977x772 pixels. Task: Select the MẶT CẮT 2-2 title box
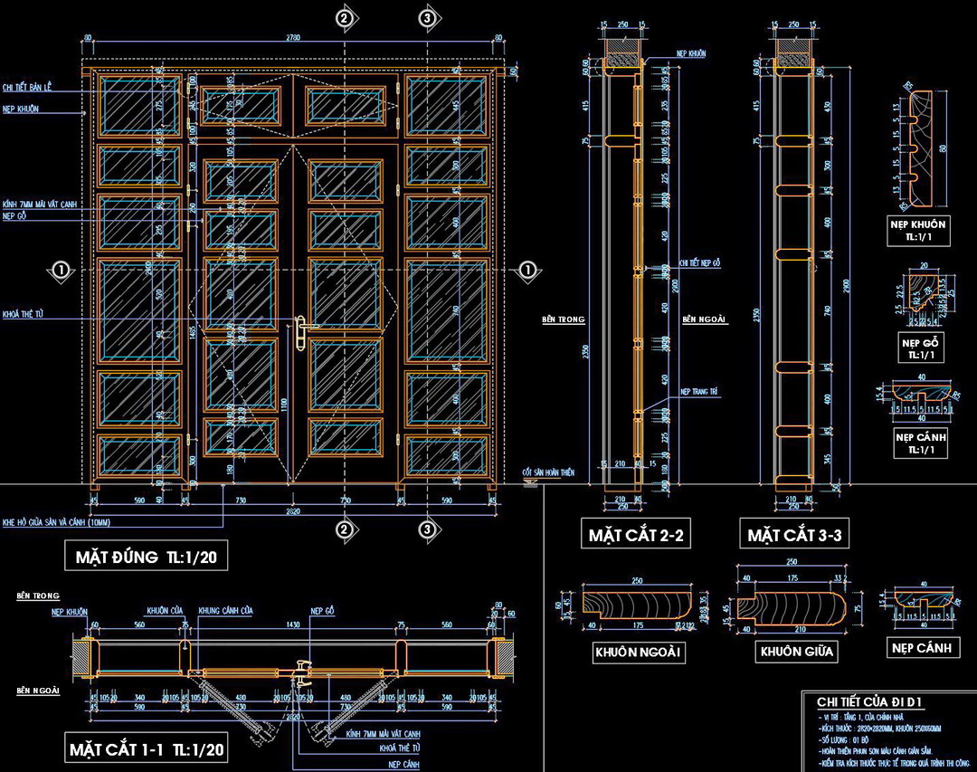pos(634,535)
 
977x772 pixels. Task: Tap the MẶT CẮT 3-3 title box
pos(795,535)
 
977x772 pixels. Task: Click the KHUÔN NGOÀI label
pos(638,652)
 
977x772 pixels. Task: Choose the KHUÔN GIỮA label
pos(796,651)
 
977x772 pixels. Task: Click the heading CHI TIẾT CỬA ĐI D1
pos(869,701)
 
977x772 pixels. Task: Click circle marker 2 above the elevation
pos(344,17)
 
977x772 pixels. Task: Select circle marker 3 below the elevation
pos(429,529)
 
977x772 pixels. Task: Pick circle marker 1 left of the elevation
pos(61,269)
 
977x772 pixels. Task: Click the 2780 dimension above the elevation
pos(293,37)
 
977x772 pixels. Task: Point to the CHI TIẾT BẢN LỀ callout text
pos(28,87)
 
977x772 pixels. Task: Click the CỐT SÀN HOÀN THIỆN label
pos(548,472)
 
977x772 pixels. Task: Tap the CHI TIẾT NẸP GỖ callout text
pos(700,262)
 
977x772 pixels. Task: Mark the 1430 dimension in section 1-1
pos(293,624)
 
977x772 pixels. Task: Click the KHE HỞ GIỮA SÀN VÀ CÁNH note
pos(43,522)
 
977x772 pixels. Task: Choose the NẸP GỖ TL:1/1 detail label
pos(922,348)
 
